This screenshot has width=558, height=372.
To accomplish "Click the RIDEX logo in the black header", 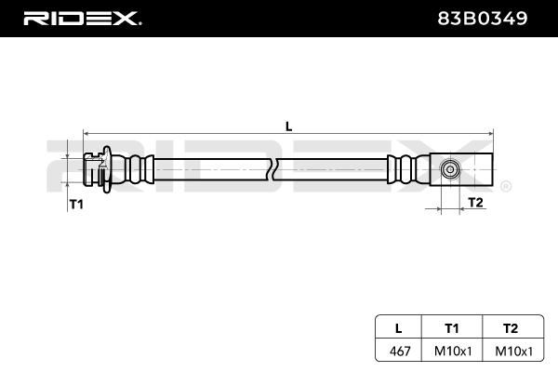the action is coord(82,19).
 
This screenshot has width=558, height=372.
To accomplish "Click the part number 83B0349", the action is coord(482,19).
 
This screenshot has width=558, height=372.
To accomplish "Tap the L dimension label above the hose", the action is coord(288,126).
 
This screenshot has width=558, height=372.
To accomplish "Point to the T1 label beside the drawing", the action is coord(76,205).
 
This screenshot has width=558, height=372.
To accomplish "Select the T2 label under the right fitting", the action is coord(476,202).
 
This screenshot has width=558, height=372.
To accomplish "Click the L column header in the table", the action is coord(399,328).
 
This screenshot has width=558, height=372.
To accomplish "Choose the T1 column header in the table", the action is coord(452,328).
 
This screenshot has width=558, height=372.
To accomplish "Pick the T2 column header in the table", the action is coord(511,328).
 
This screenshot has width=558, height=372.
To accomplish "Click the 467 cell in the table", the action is coord(400,351).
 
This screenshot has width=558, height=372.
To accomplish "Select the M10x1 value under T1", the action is coord(453,351).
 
